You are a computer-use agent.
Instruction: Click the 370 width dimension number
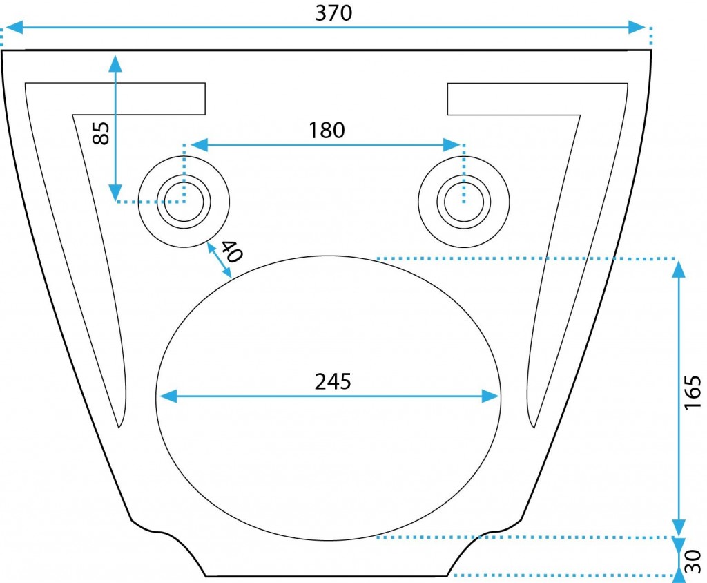coord(333,13)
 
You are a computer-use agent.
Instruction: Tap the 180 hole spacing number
coord(327,131)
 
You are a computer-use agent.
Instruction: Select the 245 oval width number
coord(333,382)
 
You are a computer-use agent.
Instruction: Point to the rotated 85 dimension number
coord(101,133)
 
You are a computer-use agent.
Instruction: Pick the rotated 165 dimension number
coord(693,392)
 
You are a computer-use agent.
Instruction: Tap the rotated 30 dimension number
coord(693,561)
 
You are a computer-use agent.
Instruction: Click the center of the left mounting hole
coord(184,202)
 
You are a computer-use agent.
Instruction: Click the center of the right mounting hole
coord(464,202)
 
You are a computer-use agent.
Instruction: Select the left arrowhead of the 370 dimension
coord(14,27)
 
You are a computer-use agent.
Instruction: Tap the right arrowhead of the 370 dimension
coord(637,27)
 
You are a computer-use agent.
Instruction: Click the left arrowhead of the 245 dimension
coord(168,396)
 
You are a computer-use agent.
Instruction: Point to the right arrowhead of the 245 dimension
coord(490,396)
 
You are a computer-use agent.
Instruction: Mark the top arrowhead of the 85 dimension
coord(116,64)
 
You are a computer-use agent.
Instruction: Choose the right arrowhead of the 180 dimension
coord(452,145)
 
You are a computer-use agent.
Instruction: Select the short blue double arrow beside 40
coord(219,260)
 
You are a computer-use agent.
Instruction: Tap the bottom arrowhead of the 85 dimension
coord(116,192)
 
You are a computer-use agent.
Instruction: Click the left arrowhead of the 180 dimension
coord(200,145)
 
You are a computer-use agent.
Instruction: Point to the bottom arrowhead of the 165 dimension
coord(679,528)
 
